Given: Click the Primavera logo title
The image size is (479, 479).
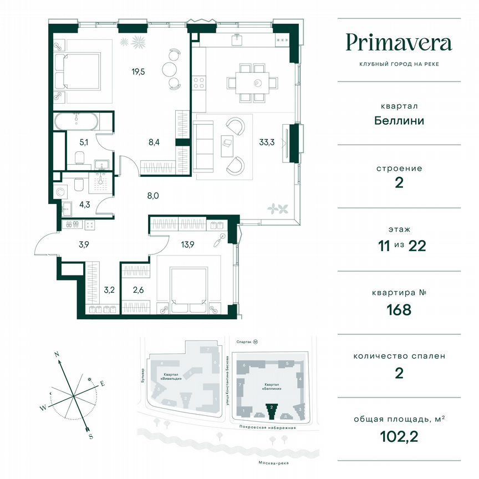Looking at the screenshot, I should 399,42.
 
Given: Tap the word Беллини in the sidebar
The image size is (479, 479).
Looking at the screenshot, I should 399,120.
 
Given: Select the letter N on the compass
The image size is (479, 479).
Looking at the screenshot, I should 57,353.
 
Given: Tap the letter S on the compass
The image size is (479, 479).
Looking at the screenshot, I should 90,436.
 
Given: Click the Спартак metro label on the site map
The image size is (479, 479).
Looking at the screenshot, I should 244,343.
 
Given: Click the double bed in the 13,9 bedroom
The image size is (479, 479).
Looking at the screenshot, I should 188,285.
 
